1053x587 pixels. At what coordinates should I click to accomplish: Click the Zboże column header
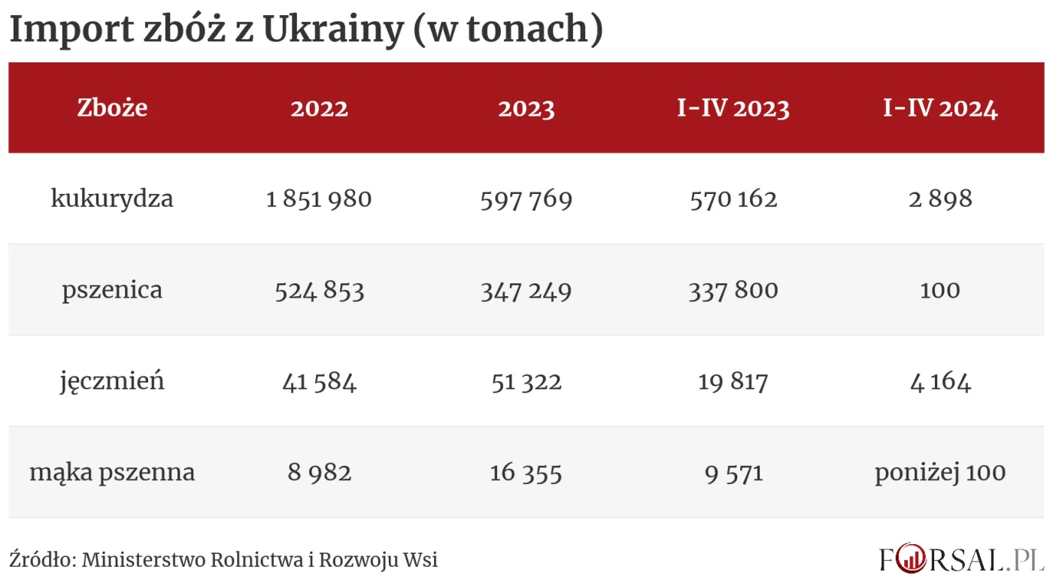(x=112, y=108)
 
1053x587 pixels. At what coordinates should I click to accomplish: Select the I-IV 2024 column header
(x=940, y=108)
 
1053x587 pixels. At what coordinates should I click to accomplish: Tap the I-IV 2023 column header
(x=733, y=108)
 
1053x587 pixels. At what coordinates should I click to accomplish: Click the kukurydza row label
(x=112, y=199)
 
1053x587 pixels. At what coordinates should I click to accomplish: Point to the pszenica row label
(x=112, y=290)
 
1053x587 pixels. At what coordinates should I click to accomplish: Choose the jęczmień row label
(x=112, y=382)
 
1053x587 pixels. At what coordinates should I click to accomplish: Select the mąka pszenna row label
(x=112, y=473)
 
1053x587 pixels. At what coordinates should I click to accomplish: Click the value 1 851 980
(x=319, y=199)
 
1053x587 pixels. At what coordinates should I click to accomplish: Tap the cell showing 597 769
(x=526, y=199)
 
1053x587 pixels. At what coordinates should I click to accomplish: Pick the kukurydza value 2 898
(x=940, y=199)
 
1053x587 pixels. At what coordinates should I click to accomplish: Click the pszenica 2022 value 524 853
(x=319, y=290)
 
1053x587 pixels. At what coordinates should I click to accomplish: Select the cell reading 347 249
(x=526, y=290)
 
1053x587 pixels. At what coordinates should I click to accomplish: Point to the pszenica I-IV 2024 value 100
(x=940, y=290)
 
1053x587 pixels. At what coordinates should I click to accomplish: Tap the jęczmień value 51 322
(x=526, y=382)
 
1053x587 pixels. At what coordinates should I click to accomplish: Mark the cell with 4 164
(x=940, y=382)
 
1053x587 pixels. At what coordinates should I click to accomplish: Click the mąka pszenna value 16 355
(x=526, y=473)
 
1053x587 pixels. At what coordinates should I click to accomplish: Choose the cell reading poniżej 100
(x=940, y=473)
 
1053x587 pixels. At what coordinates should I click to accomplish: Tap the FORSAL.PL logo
(x=963, y=558)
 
